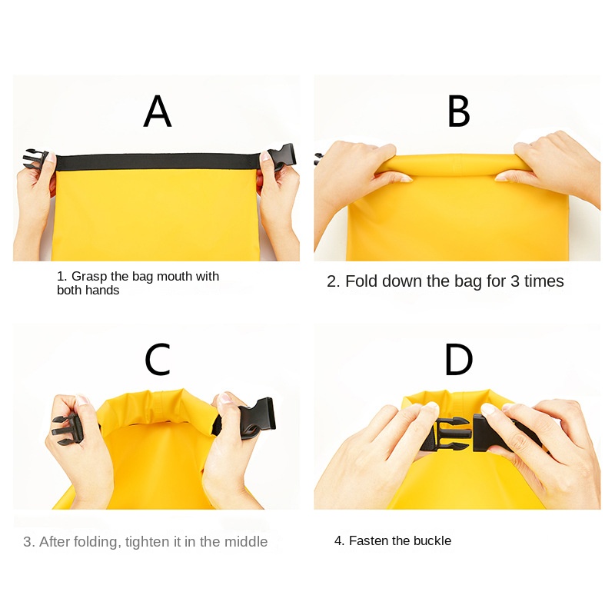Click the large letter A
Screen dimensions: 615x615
[x=158, y=111]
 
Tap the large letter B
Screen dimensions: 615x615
[x=458, y=111]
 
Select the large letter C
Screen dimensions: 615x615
[x=158, y=359]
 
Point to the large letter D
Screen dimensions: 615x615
[x=458, y=359]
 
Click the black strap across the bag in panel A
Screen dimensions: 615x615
[x=158, y=161]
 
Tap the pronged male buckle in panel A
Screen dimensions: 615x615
[x=35, y=158]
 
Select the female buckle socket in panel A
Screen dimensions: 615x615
[x=281, y=157]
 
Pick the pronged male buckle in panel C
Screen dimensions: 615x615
[x=67, y=430]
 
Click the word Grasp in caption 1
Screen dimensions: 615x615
[x=89, y=277]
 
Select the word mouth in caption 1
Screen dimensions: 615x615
[x=175, y=276]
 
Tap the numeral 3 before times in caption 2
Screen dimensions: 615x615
[x=515, y=281]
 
